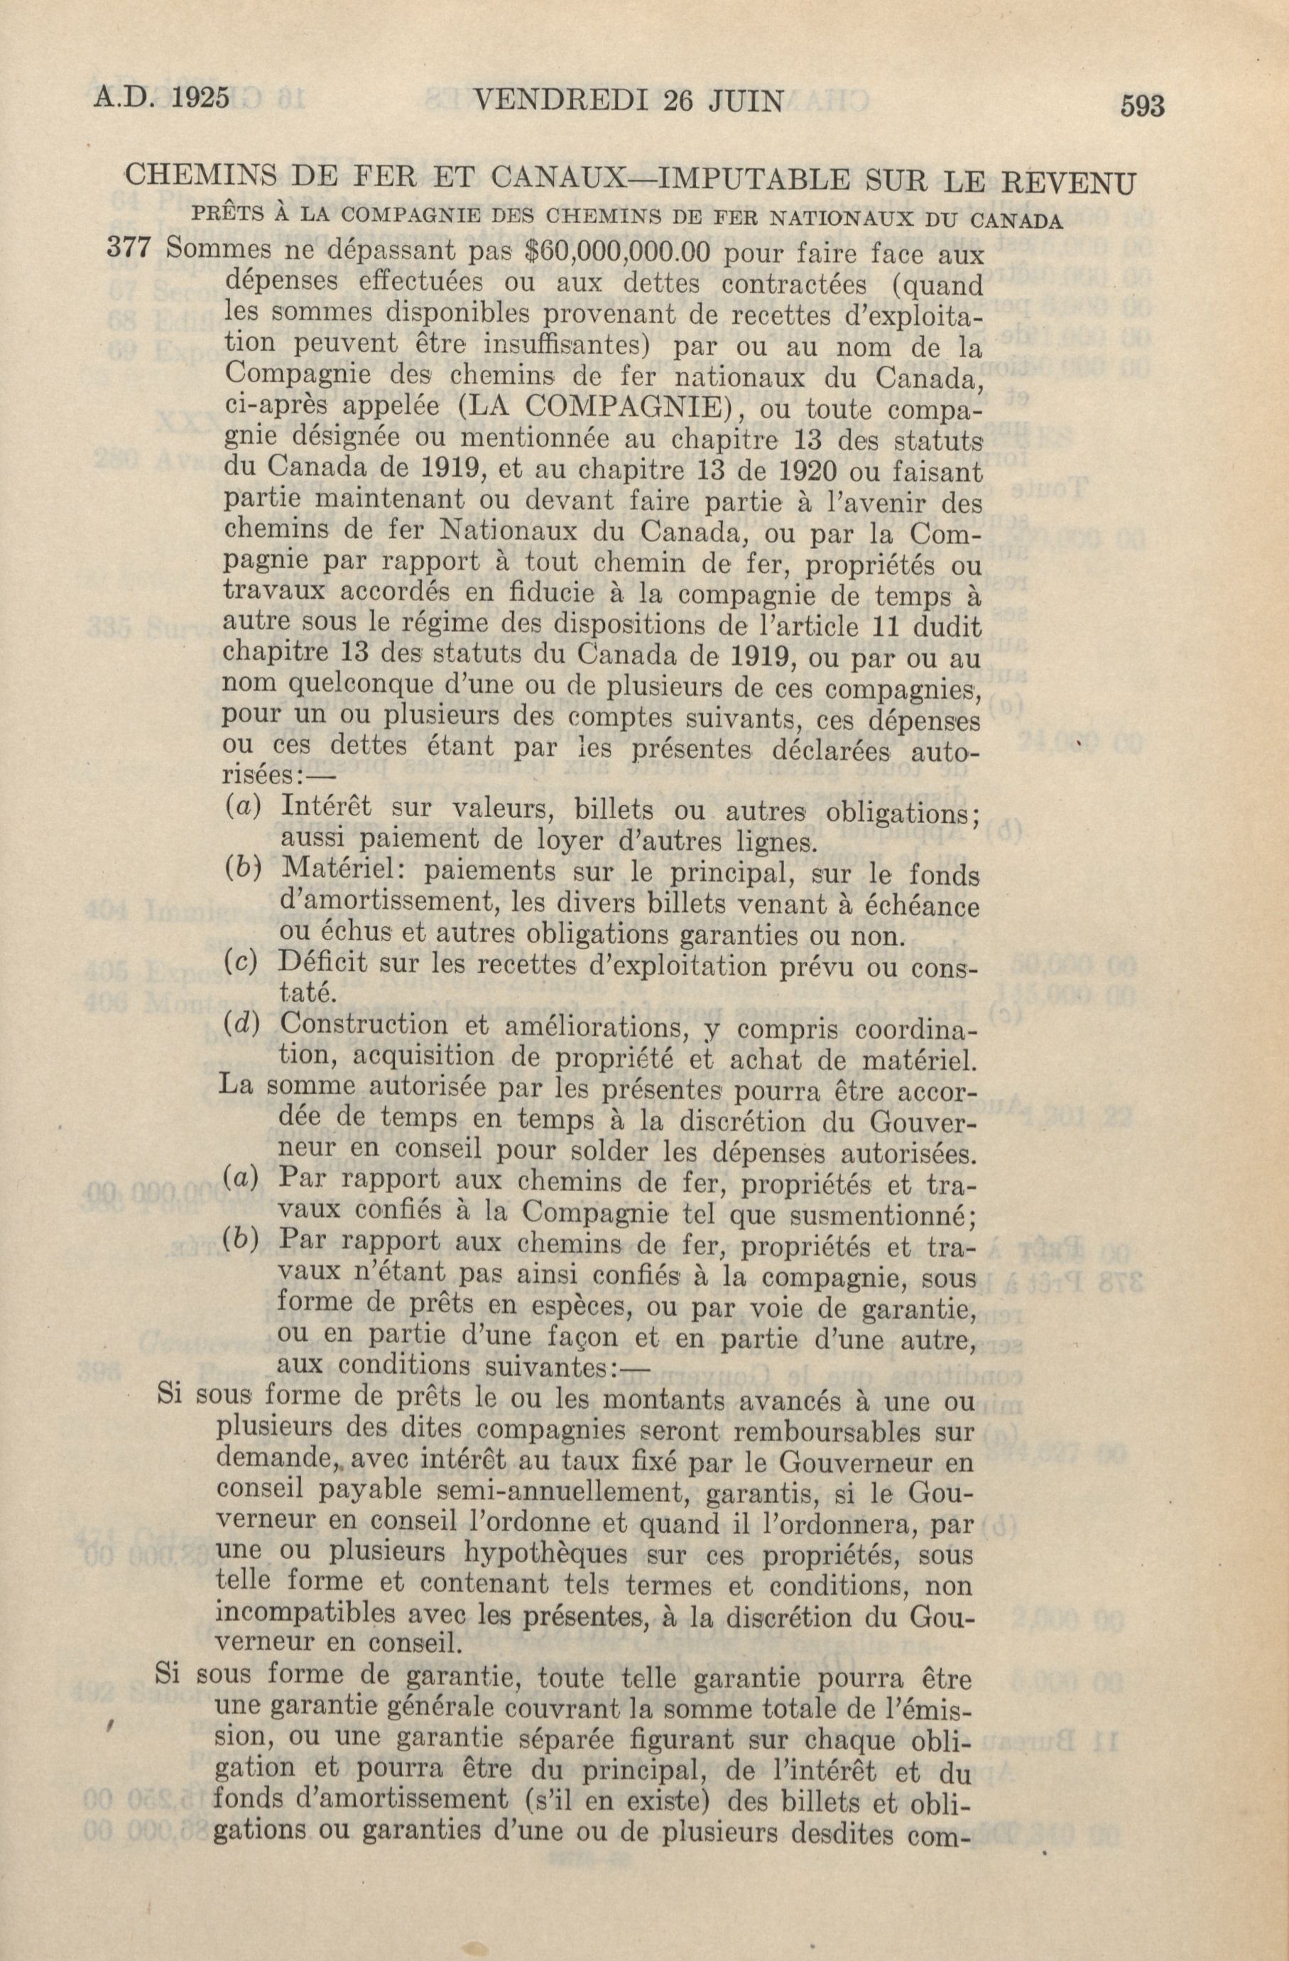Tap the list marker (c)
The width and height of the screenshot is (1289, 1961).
pos(241,963)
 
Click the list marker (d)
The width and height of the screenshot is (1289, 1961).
pos(241,1025)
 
